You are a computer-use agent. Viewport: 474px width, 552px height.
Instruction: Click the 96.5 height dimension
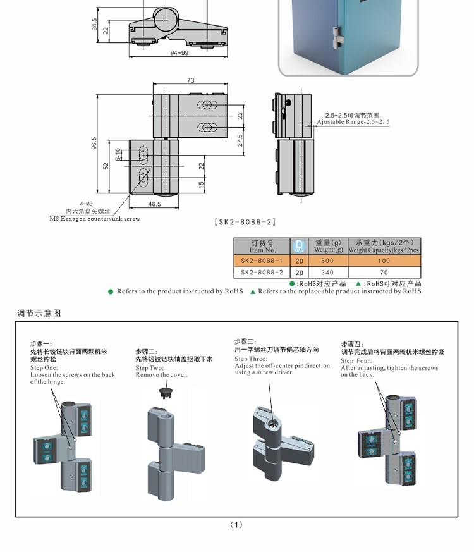click(x=94, y=144)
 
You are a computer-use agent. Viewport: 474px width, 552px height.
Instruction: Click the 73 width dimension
click(x=190, y=80)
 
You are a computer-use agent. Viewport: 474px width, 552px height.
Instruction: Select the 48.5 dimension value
click(x=154, y=204)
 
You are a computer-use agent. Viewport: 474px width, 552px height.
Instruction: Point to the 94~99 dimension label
click(x=178, y=53)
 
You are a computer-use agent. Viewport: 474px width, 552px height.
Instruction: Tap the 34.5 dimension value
click(x=94, y=25)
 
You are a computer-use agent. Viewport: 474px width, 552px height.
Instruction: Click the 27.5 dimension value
click(x=241, y=140)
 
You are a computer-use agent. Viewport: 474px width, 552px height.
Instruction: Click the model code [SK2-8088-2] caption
click(x=245, y=222)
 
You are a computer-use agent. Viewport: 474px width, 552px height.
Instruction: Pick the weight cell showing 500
click(x=327, y=261)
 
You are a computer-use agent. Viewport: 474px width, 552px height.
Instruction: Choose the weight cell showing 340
click(x=327, y=273)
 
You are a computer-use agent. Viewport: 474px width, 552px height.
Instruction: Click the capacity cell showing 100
click(x=384, y=261)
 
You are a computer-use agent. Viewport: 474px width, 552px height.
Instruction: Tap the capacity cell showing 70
click(x=384, y=273)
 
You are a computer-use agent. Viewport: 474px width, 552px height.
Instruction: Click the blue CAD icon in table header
click(x=300, y=246)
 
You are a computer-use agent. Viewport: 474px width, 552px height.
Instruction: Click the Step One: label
click(x=44, y=367)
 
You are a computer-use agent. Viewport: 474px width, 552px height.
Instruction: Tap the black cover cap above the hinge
click(x=167, y=392)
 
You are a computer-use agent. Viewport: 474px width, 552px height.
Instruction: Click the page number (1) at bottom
click(x=236, y=524)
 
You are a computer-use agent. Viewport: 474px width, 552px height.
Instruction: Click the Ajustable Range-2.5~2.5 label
click(x=353, y=122)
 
